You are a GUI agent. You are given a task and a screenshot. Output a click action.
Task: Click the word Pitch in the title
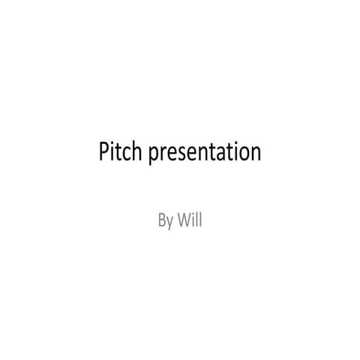[x=121, y=152]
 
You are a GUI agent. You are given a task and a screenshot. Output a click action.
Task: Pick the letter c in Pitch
[x=128, y=154]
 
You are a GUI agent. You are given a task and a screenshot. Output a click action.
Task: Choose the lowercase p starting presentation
[x=154, y=156]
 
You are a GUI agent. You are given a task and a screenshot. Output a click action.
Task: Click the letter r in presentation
[x=164, y=154]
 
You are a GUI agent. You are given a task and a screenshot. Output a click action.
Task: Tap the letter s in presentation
[x=182, y=154]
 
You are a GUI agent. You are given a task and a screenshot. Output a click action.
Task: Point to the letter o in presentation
[x=243, y=154]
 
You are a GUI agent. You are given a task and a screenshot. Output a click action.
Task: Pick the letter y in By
[x=170, y=223]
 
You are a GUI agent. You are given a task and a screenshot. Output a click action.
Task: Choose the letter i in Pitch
[x=114, y=152]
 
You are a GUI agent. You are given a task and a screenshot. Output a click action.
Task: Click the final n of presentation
[x=255, y=154]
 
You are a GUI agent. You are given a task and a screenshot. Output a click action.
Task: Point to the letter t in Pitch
[x=120, y=153]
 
